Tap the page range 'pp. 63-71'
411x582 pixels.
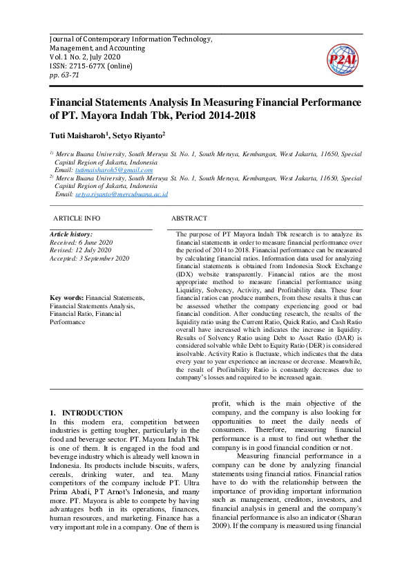tap(64, 75)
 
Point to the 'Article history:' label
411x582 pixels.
tap(71, 235)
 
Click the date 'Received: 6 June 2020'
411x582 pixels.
tap(81, 243)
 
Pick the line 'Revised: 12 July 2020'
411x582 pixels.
tap(79, 250)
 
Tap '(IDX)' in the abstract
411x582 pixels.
tap(188, 274)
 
